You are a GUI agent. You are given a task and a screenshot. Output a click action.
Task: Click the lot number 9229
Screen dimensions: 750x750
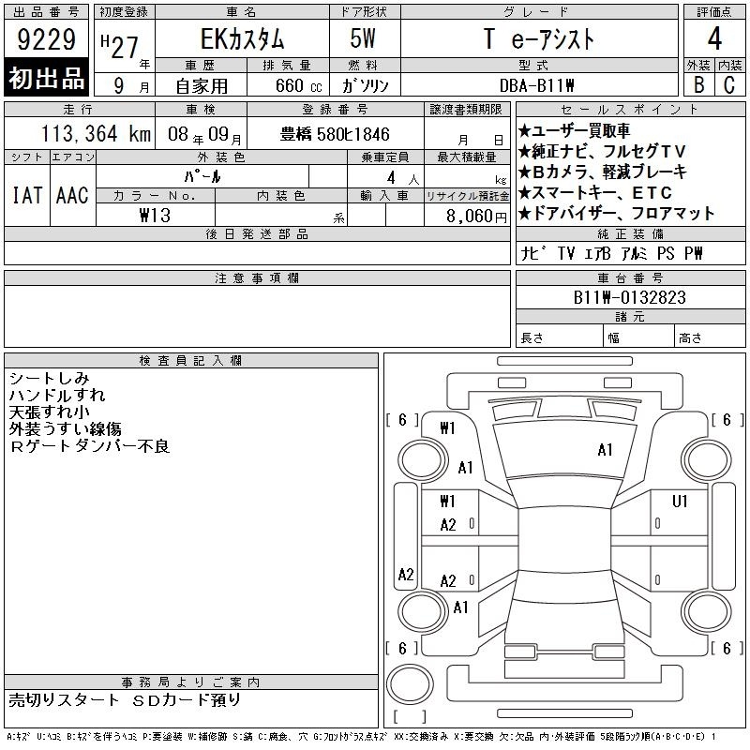46,39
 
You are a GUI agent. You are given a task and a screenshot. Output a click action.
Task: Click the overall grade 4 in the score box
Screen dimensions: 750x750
714,38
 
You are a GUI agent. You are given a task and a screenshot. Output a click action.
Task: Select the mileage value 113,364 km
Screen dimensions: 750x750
96,133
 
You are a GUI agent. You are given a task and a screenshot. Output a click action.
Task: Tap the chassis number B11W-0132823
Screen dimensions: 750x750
629,297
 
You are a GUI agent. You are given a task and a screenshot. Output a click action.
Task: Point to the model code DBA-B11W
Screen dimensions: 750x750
536,85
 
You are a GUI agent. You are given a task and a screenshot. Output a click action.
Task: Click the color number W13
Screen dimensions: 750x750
155,216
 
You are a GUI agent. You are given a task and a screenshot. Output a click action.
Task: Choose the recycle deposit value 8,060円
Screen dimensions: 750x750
476,217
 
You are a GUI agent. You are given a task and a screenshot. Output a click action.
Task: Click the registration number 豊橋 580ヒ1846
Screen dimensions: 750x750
335,134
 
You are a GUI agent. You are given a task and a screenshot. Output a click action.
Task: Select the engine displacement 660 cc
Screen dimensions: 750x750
298,85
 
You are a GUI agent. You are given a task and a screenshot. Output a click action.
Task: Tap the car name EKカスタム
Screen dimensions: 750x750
243,39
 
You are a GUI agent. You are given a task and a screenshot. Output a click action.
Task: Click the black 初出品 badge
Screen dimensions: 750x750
46,77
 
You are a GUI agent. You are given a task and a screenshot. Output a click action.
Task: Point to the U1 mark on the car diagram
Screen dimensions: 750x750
680,502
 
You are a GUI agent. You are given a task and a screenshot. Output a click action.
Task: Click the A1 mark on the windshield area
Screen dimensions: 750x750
605,450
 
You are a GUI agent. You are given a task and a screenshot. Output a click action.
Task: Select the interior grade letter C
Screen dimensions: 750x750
729,84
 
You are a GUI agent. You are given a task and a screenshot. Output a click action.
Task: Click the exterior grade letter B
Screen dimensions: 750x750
698,84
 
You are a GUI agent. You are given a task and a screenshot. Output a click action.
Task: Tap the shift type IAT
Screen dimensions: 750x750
27,195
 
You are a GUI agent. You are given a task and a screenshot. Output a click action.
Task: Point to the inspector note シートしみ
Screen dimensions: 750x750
50,379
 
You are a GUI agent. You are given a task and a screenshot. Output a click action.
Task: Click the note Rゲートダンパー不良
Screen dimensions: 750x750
89,446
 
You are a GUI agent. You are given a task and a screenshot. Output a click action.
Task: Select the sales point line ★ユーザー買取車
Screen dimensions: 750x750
574,130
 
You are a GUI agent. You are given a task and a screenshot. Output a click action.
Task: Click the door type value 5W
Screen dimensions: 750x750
363,38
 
